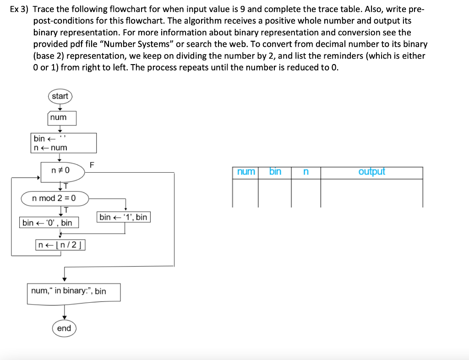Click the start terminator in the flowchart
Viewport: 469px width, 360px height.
tap(60, 96)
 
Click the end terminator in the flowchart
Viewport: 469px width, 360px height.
tap(64, 328)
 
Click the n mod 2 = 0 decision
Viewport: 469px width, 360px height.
tap(55, 198)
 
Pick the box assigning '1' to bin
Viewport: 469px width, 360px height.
tap(123, 217)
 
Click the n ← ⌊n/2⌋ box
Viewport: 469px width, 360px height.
tap(60, 245)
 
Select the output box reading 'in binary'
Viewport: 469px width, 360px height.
tap(74, 292)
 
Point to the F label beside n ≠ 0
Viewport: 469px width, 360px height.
tap(92, 164)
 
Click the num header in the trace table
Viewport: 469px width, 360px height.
tap(246, 172)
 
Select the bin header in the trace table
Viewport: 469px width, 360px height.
tap(275, 172)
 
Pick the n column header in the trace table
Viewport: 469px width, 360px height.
tap(306, 172)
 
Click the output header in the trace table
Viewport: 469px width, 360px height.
tap(371, 172)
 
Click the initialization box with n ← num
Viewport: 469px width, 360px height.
tap(64, 143)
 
